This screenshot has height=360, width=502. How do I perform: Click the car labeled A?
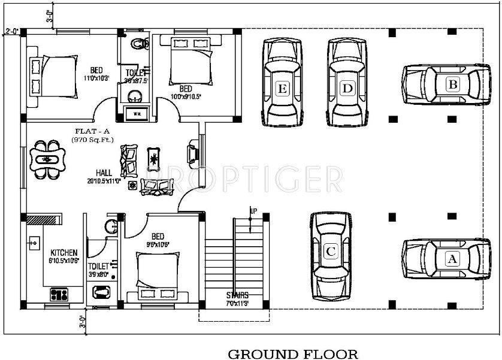coord(443,259)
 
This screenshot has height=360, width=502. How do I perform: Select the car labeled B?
coord(444,84)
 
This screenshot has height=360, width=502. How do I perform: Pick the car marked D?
coord(347,83)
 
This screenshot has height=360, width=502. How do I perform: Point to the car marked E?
coord(282,83)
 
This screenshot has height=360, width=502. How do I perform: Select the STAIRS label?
coord(238,295)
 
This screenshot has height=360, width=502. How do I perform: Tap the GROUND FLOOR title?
coord(292,354)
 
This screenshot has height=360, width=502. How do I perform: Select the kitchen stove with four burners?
coord(60,294)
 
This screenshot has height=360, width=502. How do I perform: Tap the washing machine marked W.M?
coord(137,114)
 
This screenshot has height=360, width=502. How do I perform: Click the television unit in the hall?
coord(193,152)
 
